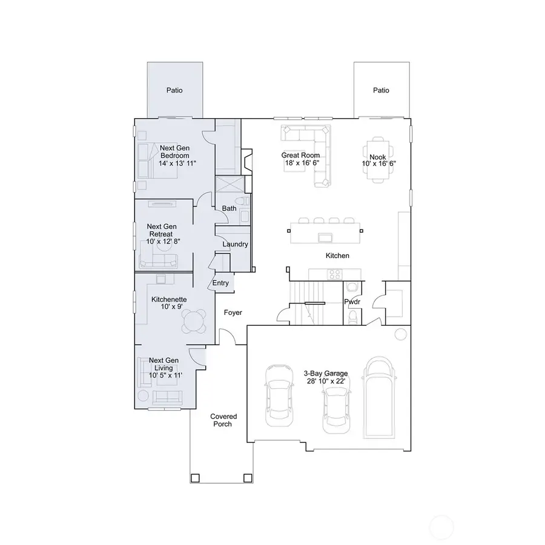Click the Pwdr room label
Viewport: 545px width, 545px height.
point(352,301)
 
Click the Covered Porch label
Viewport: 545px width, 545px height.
point(223,420)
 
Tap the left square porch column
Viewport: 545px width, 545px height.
point(195,478)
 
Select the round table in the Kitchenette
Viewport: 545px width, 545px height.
point(195,321)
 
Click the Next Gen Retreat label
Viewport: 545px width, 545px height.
point(161,234)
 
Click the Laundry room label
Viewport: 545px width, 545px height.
point(234,245)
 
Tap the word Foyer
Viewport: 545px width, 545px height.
point(233,313)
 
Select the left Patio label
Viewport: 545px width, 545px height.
point(175,90)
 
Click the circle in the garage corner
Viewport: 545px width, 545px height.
point(400,334)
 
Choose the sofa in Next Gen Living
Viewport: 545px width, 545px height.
point(167,397)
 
